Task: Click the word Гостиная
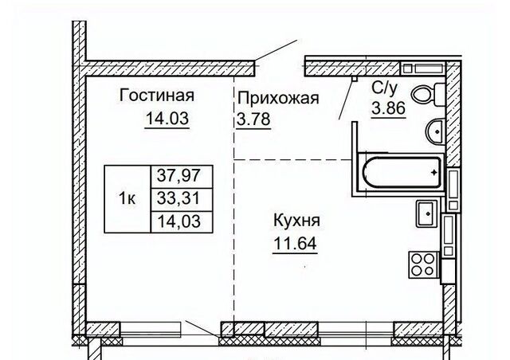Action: [x=157, y=96]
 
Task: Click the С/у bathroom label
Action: [x=385, y=90]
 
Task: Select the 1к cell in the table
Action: [x=127, y=198]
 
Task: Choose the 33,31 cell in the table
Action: [x=182, y=198]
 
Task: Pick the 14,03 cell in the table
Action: [x=182, y=221]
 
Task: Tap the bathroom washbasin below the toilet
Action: [x=434, y=131]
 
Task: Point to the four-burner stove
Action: [x=422, y=264]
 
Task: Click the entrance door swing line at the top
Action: [x=279, y=49]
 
